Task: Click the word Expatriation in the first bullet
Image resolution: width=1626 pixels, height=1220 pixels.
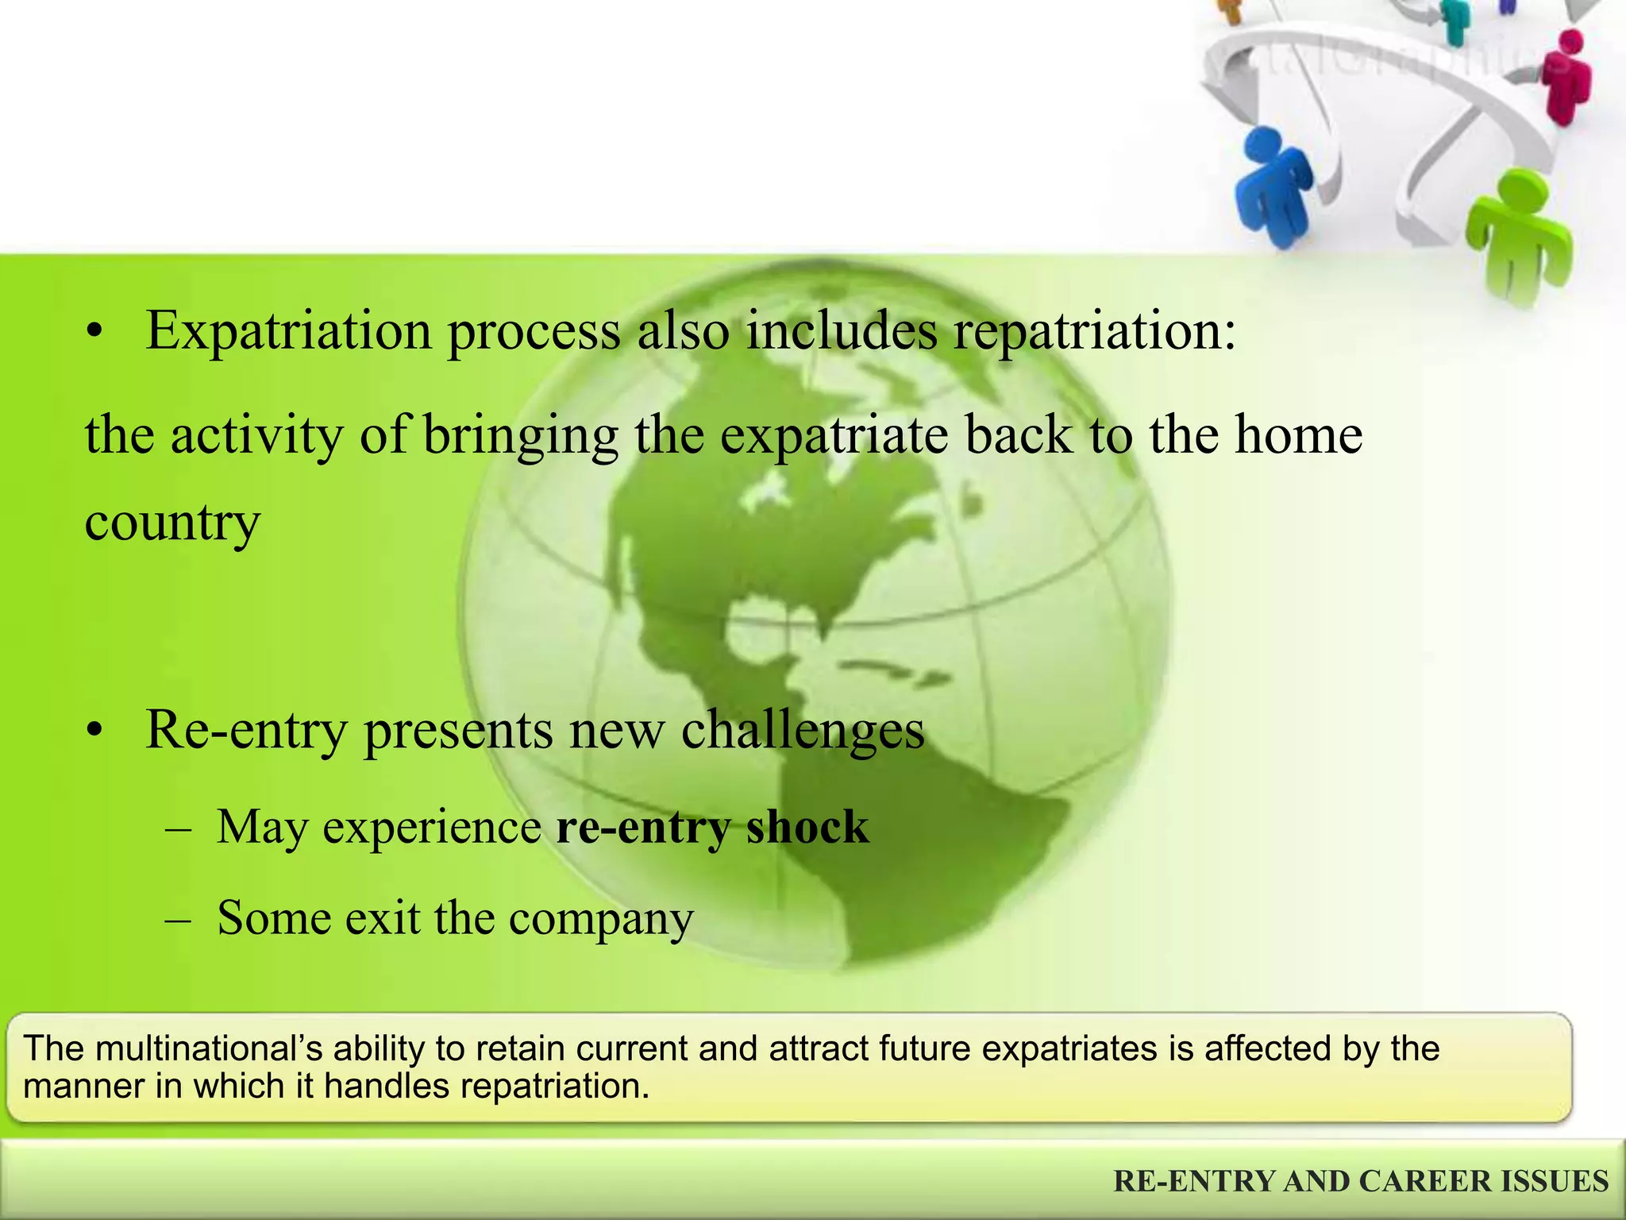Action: click(x=288, y=331)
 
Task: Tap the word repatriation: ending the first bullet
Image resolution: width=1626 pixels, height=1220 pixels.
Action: click(x=1094, y=331)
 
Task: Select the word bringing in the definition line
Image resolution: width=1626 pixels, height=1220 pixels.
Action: click(x=520, y=436)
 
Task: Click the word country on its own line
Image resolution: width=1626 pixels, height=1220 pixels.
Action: click(x=172, y=523)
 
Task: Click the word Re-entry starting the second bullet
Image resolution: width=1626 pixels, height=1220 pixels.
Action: click(x=246, y=730)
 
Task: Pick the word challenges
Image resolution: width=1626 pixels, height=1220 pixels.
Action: click(x=803, y=730)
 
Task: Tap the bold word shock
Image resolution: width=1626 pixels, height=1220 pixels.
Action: click(x=807, y=827)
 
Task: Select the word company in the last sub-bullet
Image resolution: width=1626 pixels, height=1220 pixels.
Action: click(x=601, y=919)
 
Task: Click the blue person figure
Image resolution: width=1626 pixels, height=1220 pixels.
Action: click(x=1273, y=187)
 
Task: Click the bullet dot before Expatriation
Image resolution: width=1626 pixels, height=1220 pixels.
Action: click(x=95, y=334)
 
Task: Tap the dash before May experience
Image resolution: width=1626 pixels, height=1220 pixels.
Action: click(x=178, y=828)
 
